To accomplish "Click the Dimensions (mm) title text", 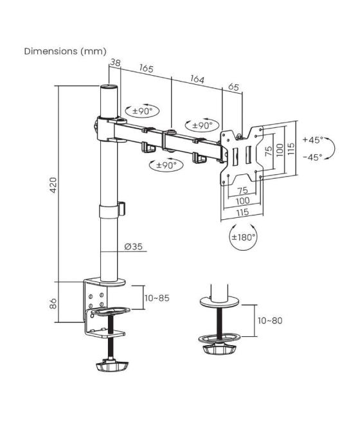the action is (x=65, y=51).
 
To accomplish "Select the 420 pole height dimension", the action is (x=54, y=184).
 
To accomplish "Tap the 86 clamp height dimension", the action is (x=54, y=303).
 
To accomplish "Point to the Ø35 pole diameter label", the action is (x=134, y=246).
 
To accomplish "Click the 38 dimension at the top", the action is (x=115, y=62).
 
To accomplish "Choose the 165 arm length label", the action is (x=146, y=68).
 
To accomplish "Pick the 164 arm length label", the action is (x=197, y=79).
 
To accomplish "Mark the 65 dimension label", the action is (x=233, y=87).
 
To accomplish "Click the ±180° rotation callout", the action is (x=243, y=237).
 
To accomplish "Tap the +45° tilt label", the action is (x=313, y=139).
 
